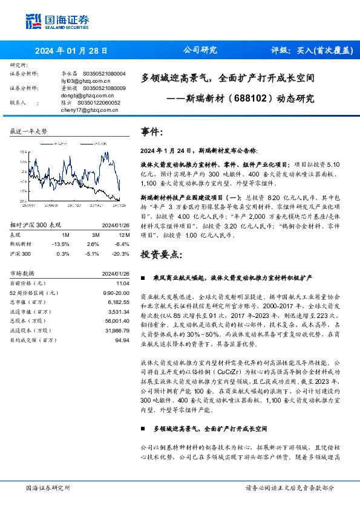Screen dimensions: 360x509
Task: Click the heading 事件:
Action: click(x=152, y=132)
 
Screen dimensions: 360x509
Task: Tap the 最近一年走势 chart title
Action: click(x=29, y=131)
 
